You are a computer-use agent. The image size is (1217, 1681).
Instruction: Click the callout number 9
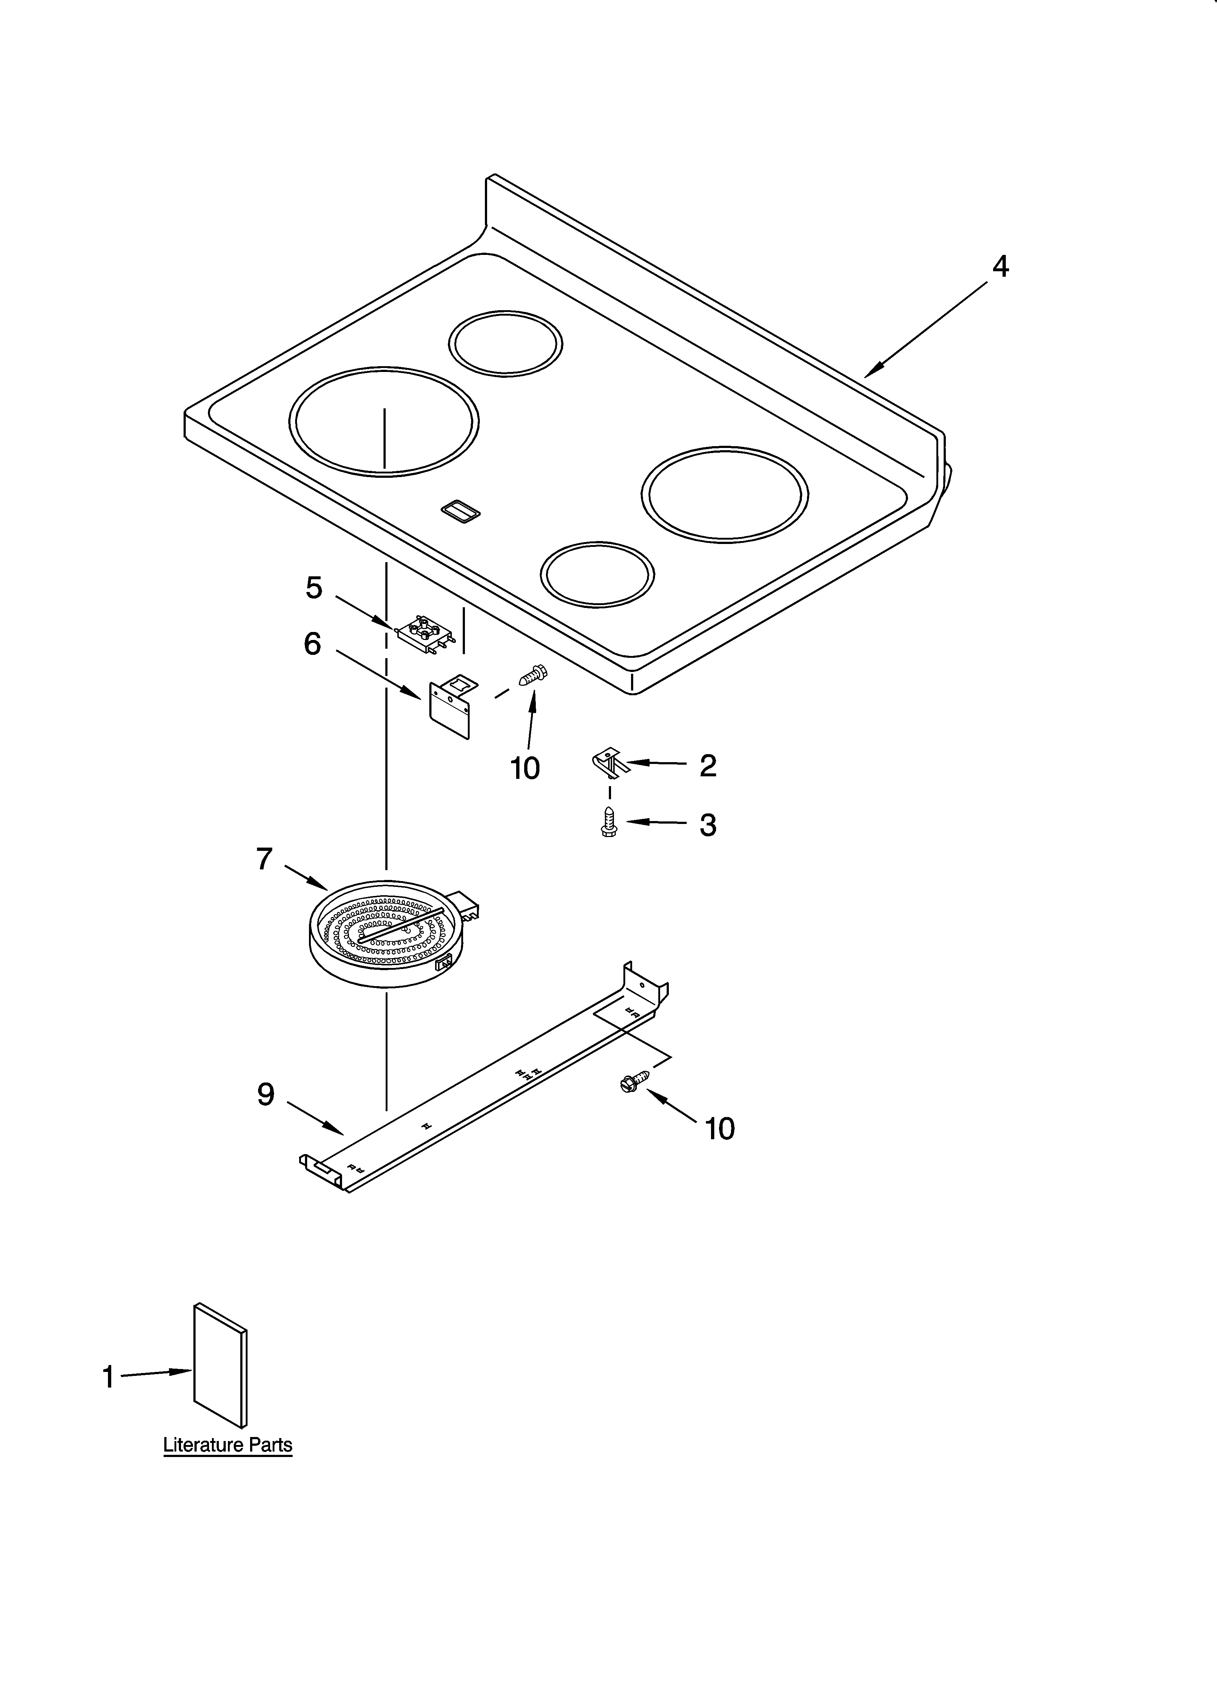(x=265, y=1094)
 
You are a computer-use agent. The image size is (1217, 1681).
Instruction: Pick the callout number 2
(x=708, y=766)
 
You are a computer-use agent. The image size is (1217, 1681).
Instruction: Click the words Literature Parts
(x=228, y=1445)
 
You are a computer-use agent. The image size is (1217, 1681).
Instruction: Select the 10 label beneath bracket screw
(x=525, y=769)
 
